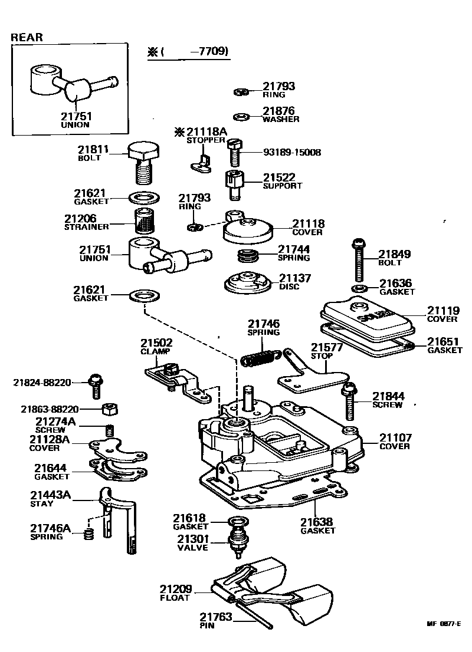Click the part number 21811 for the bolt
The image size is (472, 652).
click(94, 150)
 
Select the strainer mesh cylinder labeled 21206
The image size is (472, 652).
click(144, 223)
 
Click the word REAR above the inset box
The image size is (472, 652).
click(27, 37)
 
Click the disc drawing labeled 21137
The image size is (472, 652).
click(248, 282)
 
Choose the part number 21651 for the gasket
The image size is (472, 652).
click(444, 341)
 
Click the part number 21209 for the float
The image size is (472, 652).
click(175, 589)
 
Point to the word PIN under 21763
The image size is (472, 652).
click(206, 625)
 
